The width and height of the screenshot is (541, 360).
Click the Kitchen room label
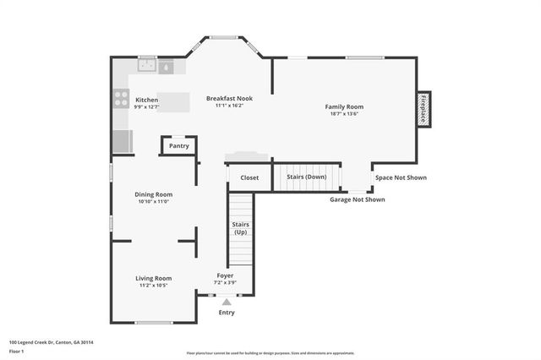click(x=146, y=100)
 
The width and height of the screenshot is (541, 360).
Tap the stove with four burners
click(x=121, y=99)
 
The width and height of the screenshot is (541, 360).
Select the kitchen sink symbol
click(x=147, y=64)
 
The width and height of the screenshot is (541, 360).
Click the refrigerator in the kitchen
click(x=122, y=141)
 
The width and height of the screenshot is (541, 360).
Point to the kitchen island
click(x=173, y=101)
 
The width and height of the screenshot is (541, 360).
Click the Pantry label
click(x=178, y=146)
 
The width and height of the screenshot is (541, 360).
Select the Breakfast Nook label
click(x=229, y=99)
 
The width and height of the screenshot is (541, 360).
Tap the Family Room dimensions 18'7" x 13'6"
click(x=344, y=114)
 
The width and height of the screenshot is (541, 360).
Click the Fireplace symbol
click(x=424, y=109)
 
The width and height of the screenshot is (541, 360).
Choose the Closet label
click(x=249, y=177)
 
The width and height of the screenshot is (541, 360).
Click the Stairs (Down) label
click(x=307, y=177)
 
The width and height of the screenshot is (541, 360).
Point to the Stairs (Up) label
click(x=241, y=227)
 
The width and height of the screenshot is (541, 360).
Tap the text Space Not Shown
click(x=401, y=177)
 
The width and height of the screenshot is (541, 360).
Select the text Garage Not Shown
click(x=357, y=199)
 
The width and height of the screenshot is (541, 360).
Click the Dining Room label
click(x=153, y=194)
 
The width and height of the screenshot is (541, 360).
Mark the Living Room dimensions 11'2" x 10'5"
click(x=154, y=286)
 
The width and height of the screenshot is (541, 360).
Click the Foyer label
click(x=225, y=275)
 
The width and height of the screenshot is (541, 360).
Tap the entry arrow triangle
click(x=226, y=301)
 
